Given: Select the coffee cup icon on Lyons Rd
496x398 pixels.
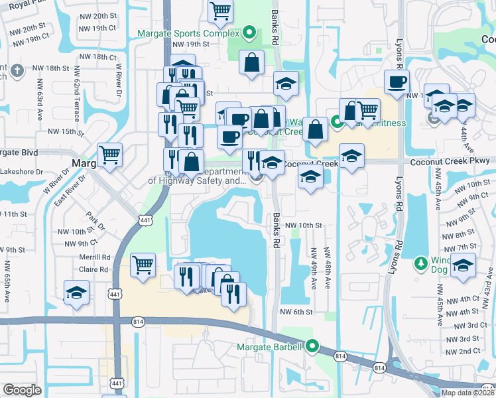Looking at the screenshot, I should (x=397, y=82).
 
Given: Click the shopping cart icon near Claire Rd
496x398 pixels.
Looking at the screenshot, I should (x=143, y=265).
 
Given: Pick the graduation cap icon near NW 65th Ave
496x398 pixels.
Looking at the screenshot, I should (x=77, y=293).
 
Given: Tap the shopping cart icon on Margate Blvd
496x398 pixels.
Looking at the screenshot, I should (x=109, y=156).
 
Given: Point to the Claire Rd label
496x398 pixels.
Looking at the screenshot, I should (x=93, y=269).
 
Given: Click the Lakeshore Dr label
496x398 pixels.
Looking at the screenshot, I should (x=22, y=171).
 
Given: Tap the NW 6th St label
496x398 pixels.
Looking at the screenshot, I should (x=296, y=312).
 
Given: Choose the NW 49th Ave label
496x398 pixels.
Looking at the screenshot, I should (x=313, y=269).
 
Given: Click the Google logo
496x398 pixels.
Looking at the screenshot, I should (x=22, y=390).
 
